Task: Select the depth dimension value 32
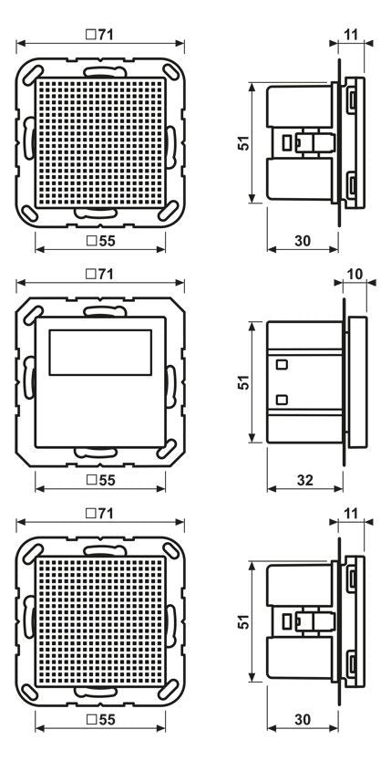[x=304, y=480]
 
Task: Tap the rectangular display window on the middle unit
[x=100, y=352]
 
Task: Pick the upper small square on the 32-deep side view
[x=282, y=364]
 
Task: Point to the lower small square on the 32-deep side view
[x=282, y=400]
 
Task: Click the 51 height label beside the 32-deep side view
[x=245, y=381]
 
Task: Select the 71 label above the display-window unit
[x=100, y=274]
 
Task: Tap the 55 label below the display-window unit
[x=100, y=480]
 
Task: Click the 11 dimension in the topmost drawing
[x=351, y=35]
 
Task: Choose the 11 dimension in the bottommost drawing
[x=351, y=514]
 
